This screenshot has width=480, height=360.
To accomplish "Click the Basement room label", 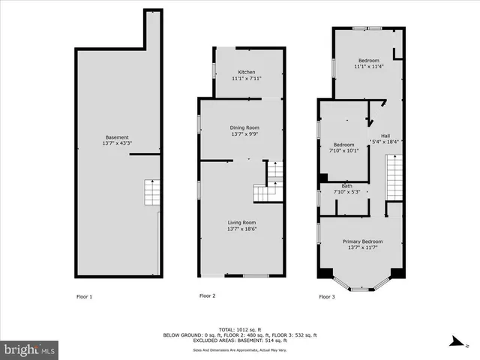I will pyautogui.click(x=117, y=136).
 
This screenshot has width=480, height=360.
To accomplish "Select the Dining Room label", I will pyautogui.click(x=244, y=127).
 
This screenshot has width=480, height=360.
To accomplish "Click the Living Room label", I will pyautogui.click(x=242, y=222).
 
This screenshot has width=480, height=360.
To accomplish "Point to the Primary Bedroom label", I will pyautogui.click(x=363, y=241).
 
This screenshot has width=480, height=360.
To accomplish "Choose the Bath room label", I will pyautogui.click(x=346, y=186).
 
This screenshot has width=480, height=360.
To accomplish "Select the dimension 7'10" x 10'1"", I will pyautogui.click(x=343, y=150).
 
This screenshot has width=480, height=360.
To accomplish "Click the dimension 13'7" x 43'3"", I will pyautogui.click(x=117, y=142).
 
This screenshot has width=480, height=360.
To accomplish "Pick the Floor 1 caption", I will pyautogui.click(x=85, y=296).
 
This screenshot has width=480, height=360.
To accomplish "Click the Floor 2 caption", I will pyautogui.click(x=207, y=296).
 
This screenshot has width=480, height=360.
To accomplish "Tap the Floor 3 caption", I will pyautogui.click(x=327, y=296).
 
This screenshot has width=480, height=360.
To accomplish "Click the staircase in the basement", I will pyautogui.click(x=152, y=193).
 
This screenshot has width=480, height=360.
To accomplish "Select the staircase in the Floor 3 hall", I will pyautogui.click(x=394, y=177).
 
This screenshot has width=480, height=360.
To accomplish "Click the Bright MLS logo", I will pyautogui.click(x=30, y=349).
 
